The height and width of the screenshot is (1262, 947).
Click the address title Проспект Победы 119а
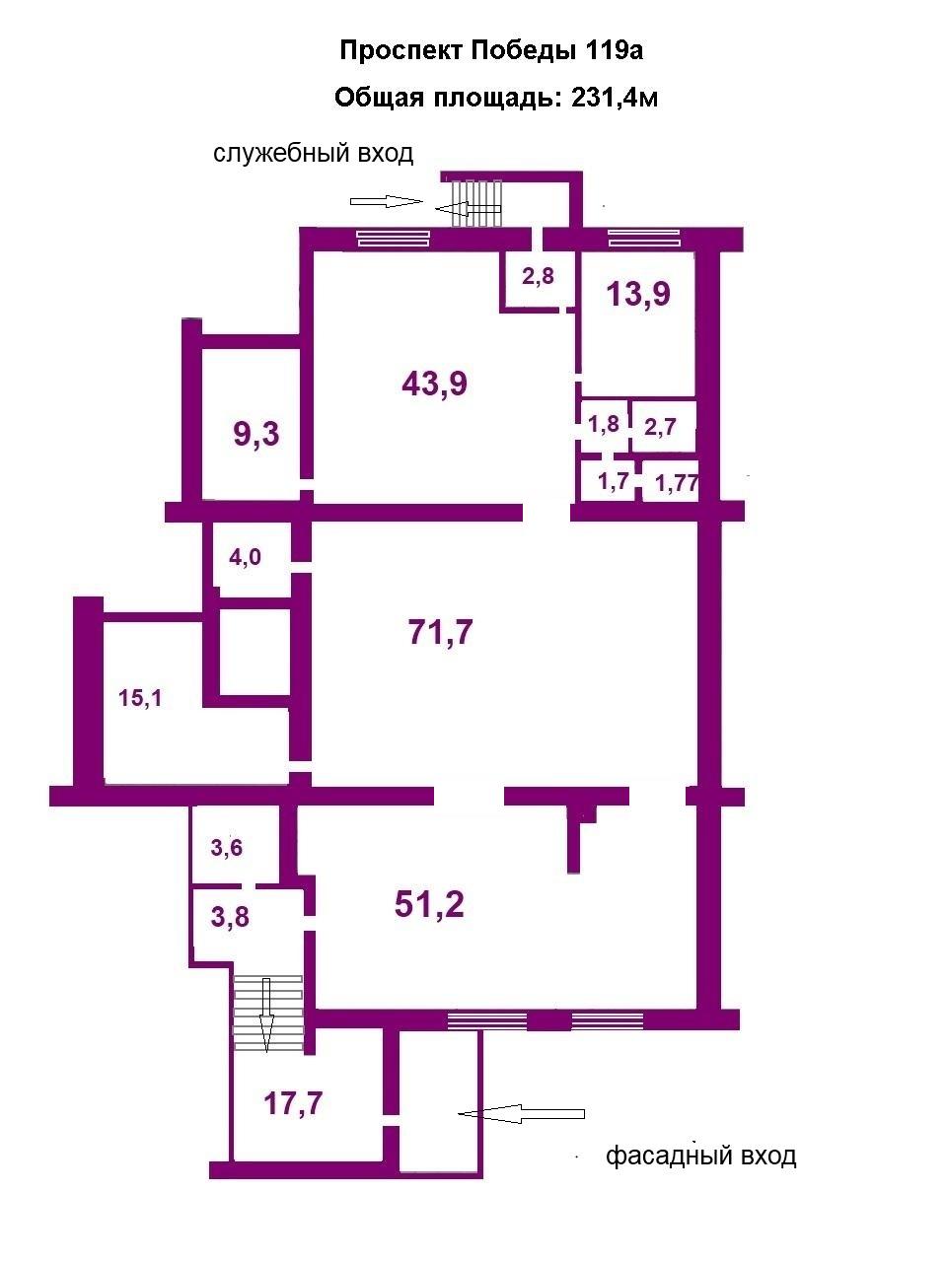point(491,51)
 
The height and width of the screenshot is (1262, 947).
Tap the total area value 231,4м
point(615,99)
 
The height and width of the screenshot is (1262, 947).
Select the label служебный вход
point(314,154)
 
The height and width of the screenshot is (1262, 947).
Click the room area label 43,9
point(435,383)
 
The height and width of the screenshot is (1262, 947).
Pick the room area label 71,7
point(440,632)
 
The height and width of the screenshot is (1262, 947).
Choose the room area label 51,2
point(429,904)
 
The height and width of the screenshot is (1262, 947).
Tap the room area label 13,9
point(638,294)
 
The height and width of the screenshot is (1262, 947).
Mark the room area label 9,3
point(256,434)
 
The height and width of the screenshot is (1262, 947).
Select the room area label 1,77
point(676,483)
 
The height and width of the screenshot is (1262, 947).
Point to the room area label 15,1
point(140,698)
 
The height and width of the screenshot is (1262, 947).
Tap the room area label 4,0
point(245,556)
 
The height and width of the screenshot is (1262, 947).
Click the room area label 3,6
point(227,848)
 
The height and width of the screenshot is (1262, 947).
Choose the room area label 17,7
point(293,1104)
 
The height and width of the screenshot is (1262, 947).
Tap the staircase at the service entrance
point(476,203)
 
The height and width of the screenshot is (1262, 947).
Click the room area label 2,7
point(660,427)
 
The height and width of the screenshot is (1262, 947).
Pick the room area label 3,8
point(230,917)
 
